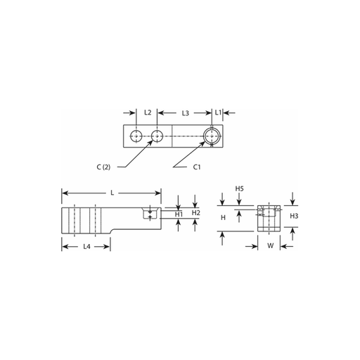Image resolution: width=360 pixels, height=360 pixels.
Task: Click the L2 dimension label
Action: [x=148, y=112]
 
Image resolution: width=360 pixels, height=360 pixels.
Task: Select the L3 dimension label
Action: [x=186, y=113]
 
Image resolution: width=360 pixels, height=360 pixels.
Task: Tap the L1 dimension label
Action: [x=218, y=112]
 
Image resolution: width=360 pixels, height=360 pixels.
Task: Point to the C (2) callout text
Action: [x=103, y=167]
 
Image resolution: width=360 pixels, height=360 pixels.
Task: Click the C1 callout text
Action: [x=197, y=167]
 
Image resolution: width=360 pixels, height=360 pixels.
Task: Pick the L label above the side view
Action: [x=112, y=193]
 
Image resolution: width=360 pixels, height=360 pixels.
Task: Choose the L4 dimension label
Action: [x=86, y=247]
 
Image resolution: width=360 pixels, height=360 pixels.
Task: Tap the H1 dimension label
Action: [x=179, y=214]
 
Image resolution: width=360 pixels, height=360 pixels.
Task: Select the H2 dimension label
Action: [x=196, y=213]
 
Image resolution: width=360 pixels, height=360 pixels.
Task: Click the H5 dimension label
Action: [x=239, y=188]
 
